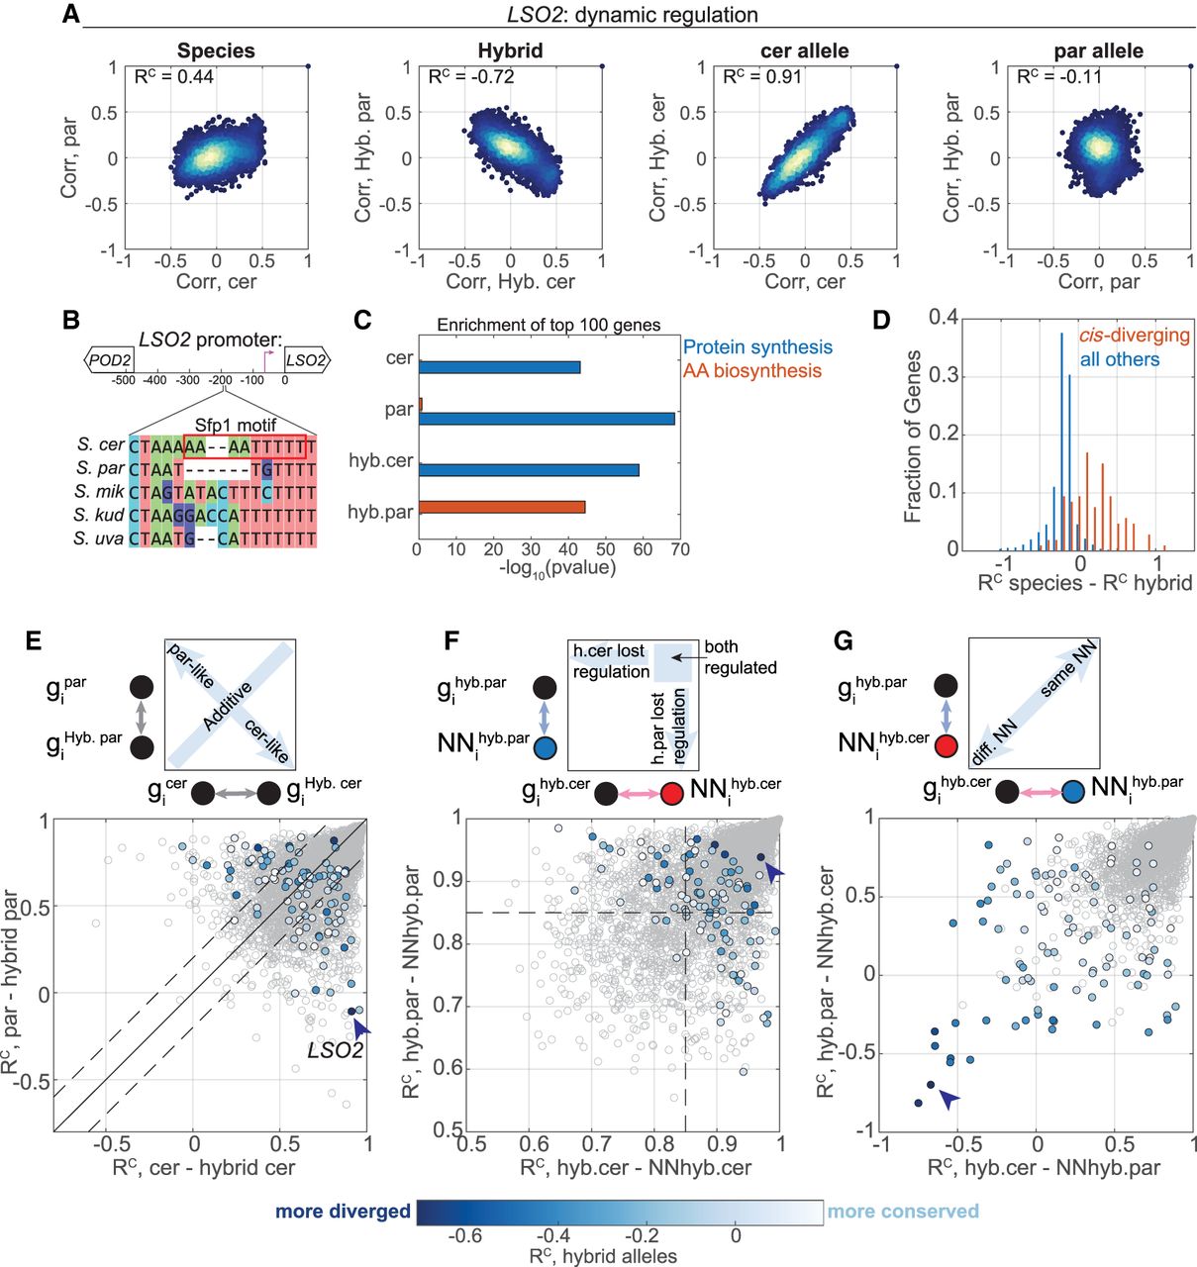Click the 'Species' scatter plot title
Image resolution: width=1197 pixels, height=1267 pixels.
click(x=216, y=50)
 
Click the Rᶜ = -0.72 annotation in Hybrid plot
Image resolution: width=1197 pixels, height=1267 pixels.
click(x=470, y=76)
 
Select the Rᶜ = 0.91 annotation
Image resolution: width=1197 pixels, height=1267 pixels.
click(x=762, y=76)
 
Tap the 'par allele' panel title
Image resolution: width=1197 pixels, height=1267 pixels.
click(x=1098, y=50)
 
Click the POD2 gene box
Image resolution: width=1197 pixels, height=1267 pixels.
click(x=110, y=359)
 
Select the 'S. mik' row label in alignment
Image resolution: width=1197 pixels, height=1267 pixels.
click(x=99, y=491)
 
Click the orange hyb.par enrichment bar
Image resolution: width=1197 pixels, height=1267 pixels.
click(x=502, y=507)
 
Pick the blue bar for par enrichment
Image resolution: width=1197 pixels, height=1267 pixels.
click(x=547, y=419)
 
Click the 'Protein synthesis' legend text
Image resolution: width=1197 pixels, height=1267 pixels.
click(x=757, y=346)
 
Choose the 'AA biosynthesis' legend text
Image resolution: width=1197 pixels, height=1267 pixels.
click(x=752, y=370)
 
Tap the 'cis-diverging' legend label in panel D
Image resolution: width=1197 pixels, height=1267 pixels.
click(x=1134, y=335)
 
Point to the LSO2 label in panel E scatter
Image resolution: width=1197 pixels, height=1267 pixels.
click(x=335, y=1050)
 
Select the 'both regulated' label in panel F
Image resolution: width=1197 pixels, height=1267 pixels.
click(x=740, y=657)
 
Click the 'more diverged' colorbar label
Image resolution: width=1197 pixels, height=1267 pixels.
click(x=343, y=1212)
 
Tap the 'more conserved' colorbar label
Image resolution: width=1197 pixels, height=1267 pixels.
click(x=903, y=1212)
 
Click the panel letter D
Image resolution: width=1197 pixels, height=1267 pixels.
click(x=879, y=320)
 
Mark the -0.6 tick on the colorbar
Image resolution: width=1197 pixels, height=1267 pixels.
click(x=465, y=1235)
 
